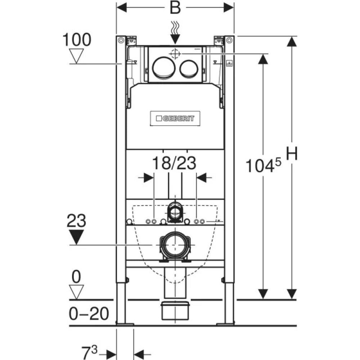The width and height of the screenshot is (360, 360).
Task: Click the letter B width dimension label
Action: (175, 8)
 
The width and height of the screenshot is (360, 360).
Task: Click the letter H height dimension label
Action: (292, 153)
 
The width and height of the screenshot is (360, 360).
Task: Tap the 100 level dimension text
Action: (77, 40)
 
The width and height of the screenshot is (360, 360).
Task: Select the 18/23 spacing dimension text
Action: (174, 163)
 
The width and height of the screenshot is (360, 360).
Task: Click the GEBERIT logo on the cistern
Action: (175, 118)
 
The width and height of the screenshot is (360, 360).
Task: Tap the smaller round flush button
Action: (189, 68)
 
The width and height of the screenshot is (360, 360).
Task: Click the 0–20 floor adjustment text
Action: (89, 314)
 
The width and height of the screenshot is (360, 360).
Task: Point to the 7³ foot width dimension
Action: (90, 353)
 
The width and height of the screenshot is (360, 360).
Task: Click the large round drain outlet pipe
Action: (175, 245)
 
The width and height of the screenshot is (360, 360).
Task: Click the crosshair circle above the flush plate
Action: (175, 54)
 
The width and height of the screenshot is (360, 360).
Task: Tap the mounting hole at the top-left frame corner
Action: (121, 40)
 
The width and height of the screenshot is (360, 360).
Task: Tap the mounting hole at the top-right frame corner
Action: (229, 40)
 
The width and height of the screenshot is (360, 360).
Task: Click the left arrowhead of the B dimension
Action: (122, 8)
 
